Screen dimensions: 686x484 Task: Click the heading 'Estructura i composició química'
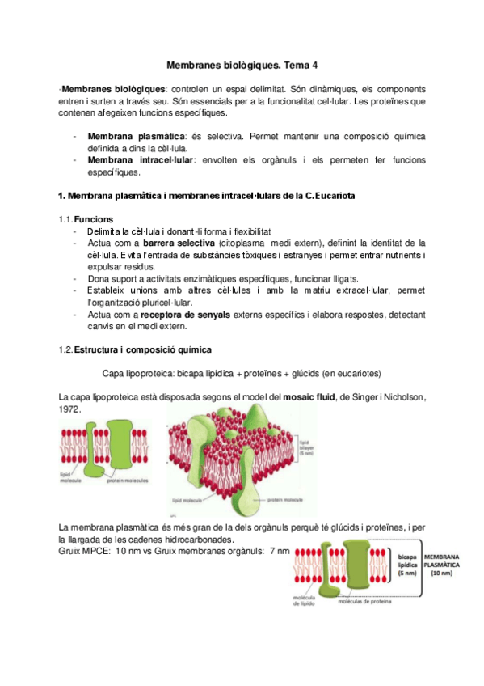point(143,349)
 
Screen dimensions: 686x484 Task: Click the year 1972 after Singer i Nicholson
point(70,409)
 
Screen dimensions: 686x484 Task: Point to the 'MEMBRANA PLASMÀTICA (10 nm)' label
point(444,564)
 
